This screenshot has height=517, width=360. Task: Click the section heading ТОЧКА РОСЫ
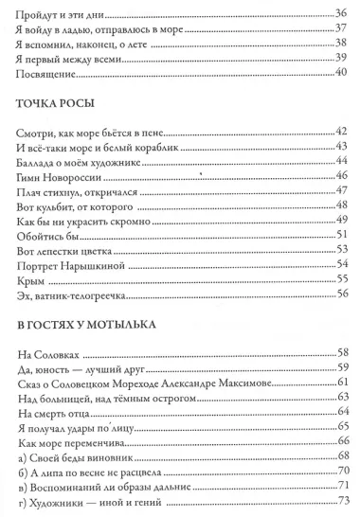59,105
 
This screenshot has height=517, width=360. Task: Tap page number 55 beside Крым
342,280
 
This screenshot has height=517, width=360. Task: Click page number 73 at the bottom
342,502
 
